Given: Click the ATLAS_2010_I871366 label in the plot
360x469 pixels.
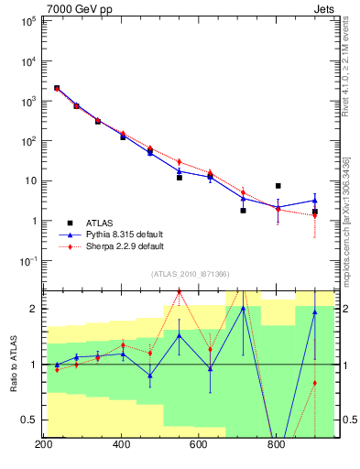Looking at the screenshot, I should (190, 274).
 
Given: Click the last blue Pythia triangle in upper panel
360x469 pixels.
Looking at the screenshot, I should (314, 200).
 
